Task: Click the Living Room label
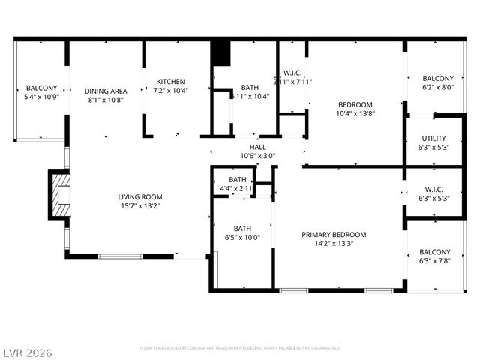tap(140, 197)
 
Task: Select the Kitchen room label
tap(170, 82)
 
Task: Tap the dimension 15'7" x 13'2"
tap(140, 205)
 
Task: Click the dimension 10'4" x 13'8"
tap(355, 113)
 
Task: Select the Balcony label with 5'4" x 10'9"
tap(41, 88)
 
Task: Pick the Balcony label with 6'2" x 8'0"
tap(437, 79)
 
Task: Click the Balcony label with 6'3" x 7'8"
tap(435, 252)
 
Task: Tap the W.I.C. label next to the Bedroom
tap(292, 73)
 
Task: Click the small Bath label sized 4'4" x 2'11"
tap(238, 180)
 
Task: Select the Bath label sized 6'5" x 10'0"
tap(242, 229)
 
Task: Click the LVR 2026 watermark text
tap(27, 352)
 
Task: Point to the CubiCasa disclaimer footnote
tap(240, 348)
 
